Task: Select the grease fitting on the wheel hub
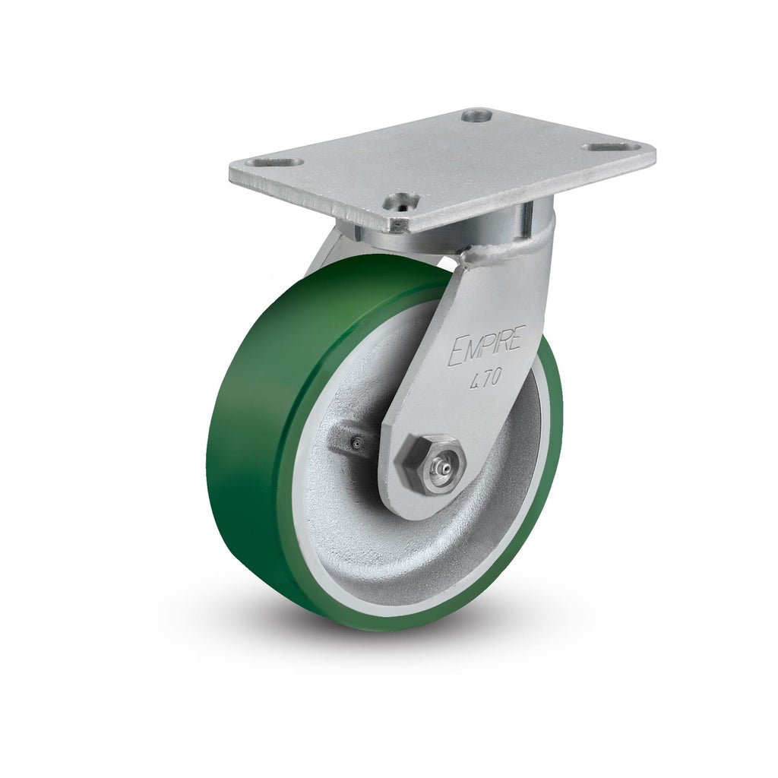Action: (356, 444)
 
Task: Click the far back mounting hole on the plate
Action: (476, 115)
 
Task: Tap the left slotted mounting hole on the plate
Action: (274, 163)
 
